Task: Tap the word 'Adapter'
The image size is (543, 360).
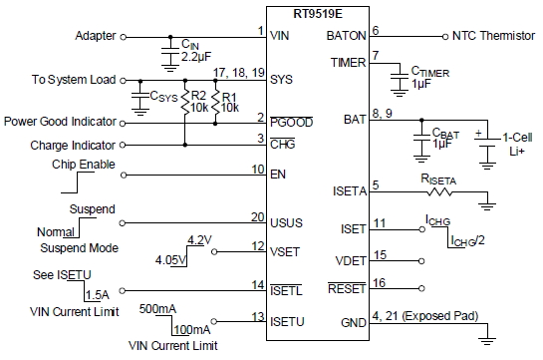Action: pos(96,36)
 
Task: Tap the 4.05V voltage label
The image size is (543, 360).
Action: pos(172,260)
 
